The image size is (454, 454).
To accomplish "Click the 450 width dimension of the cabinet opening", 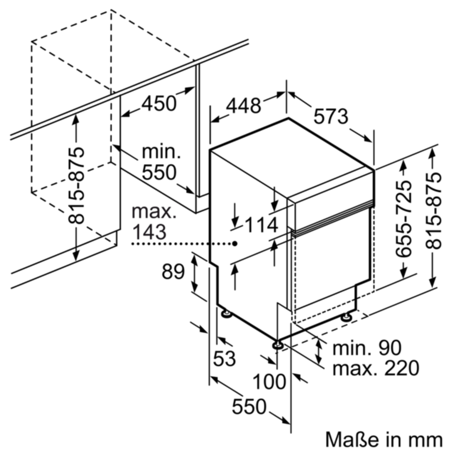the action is [159, 104].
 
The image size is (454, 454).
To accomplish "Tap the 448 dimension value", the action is [244, 106].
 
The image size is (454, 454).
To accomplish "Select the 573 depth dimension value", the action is [331, 117].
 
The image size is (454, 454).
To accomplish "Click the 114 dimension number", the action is [261, 225].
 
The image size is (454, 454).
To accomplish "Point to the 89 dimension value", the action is [173, 272].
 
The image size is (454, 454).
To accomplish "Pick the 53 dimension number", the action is [224, 358].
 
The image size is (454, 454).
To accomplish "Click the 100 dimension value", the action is [269, 382].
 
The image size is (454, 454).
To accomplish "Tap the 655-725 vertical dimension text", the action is [403, 219].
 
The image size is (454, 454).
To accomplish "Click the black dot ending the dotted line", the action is [235, 244].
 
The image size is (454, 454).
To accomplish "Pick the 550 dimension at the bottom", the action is [249, 406].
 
